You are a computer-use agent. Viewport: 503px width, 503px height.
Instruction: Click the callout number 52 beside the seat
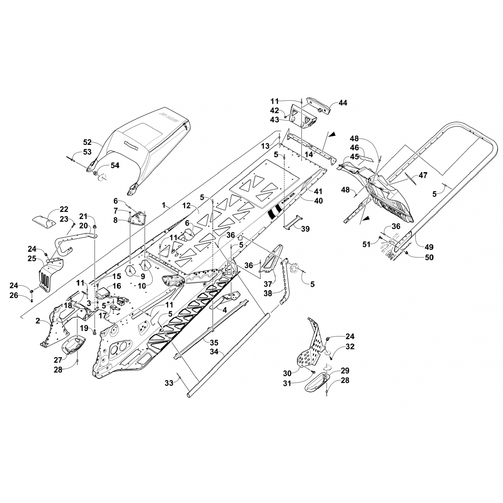click(x=87, y=142)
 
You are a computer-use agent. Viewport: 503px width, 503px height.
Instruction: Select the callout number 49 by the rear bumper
click(x=429, y=247)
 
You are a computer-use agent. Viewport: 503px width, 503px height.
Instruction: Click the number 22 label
click(x=64, y=209)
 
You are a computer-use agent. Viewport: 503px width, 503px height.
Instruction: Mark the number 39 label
click(x=305, y=229)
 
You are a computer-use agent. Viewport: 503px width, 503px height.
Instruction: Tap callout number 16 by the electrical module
click(x=117, y=286)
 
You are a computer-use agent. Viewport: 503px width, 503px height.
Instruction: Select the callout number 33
click(x=169, y=383)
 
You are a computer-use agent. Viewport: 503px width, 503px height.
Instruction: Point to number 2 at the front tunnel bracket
click(x=38, y=321)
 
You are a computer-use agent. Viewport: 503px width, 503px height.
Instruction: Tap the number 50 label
click(x=429, y=257)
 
